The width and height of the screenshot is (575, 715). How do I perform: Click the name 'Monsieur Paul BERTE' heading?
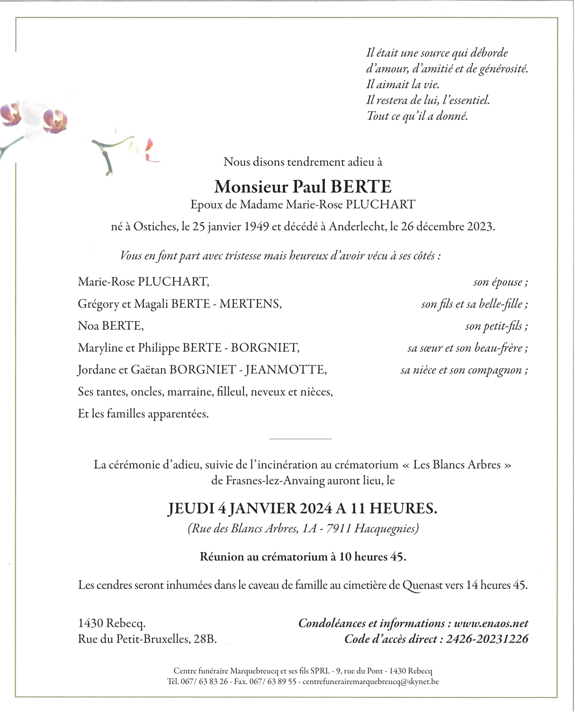click(303, 187)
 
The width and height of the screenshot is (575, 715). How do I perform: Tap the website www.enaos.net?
click(491, 624)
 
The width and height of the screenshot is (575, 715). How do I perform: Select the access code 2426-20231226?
click(486, 639)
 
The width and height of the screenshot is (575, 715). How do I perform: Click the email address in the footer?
click(370, 682)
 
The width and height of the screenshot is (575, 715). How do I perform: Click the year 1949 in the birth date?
click(256, 226)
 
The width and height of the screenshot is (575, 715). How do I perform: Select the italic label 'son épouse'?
click(500, 282)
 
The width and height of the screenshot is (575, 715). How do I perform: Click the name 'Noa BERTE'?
click(110, 326)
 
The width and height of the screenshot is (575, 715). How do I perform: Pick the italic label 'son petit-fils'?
click(496, 326)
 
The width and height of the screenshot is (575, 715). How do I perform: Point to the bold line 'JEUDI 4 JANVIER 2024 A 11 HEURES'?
click(303, 508)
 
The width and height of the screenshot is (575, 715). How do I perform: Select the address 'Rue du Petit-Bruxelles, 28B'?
click(147, 639)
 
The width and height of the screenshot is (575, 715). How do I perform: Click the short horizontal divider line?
click(300, 439)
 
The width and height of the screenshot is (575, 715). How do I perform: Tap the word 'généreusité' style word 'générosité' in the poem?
click(503, 69)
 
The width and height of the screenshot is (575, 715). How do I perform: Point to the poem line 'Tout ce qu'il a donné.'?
click(417, 116)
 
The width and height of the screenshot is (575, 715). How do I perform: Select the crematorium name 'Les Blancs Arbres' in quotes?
click(457, 465)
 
